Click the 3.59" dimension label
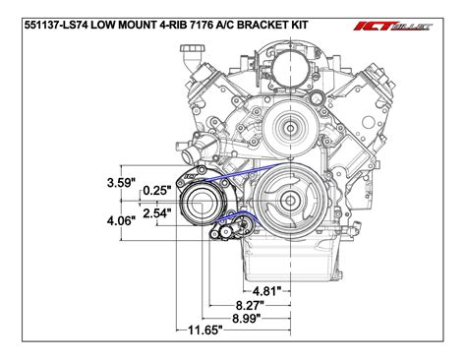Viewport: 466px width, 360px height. pos(122,181)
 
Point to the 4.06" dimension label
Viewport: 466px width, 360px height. pos(122,221)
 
